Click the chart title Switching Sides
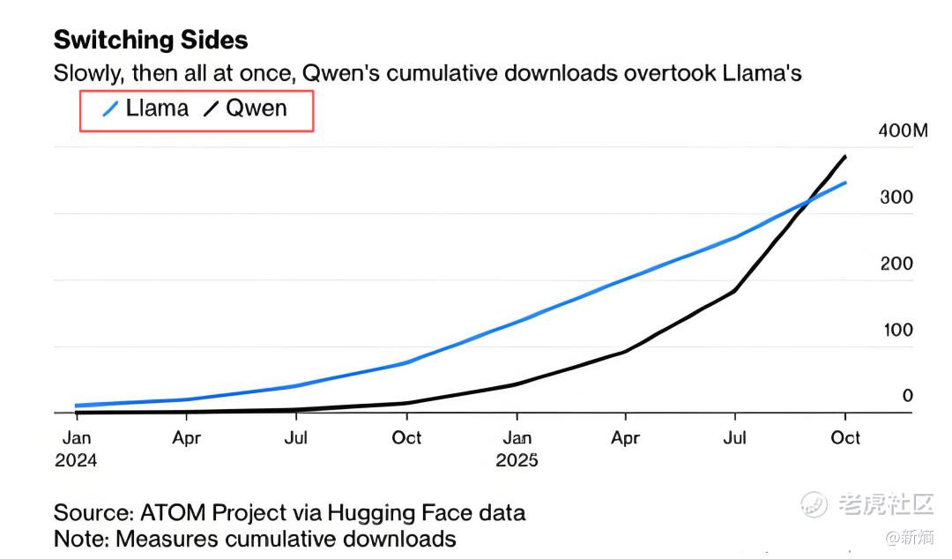pos(151,40)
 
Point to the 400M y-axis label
pos(904,131)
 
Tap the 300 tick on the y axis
pos(896,198)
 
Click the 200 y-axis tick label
pos(896,264)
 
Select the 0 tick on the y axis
pos(907,396)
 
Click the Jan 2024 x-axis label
pos(76,448)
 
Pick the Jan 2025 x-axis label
pos(517,448)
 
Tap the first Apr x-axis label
pos(186,438)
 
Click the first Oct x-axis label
pos(406,438)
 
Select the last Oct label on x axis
pos(845,438)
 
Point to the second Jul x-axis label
pos(735,438)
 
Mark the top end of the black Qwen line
pos(845,157)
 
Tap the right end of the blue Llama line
pos(845,183)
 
